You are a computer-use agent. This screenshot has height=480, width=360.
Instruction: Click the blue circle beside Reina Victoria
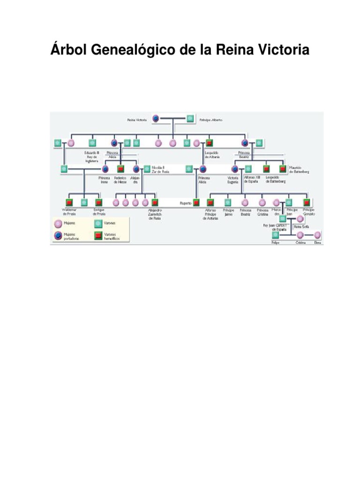[x=156, y=119]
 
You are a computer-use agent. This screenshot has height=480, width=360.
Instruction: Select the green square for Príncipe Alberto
[x=190, y=119]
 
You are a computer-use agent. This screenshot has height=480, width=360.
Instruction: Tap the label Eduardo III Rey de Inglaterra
[x=92, y=157]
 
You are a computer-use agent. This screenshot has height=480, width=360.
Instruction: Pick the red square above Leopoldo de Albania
[x=210, y=142]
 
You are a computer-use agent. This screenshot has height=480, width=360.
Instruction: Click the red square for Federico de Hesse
[x=120, y=169]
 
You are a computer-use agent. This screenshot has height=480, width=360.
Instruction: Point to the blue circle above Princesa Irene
[x=105, y=169]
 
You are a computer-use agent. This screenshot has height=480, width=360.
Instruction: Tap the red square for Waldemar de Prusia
[x=69, y=202]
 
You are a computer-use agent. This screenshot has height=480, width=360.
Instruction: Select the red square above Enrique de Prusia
[x=99, y=202]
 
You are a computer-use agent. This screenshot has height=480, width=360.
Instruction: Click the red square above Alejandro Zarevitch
[x=155, y=202]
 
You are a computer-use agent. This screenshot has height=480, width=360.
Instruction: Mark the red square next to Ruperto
[x=196, y=202]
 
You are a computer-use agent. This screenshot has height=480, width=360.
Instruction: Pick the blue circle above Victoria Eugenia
[x=235, y=169]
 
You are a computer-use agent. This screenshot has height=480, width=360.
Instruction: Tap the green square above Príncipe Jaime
[x=228, y=202]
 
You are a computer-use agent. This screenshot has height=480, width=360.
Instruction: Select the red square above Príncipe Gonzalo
[x=307, y=202]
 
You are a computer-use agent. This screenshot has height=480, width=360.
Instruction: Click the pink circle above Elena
[x=317, y=235]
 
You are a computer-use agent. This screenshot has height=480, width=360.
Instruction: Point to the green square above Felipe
[x=275, y=235]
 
